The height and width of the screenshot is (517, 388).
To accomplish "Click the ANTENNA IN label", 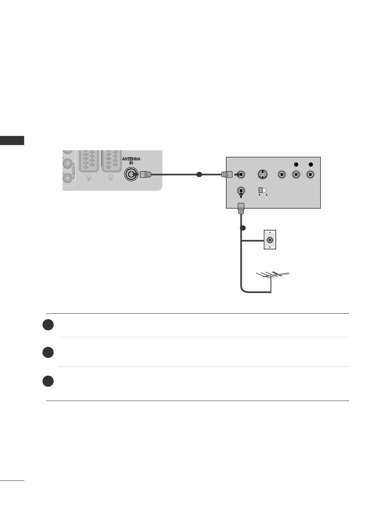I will coord(131,161).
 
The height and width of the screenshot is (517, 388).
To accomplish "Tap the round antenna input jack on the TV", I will coord(131,175).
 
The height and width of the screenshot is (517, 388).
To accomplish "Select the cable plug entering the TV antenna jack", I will coord(145,175).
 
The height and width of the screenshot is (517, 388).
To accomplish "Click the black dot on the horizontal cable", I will coord(199,175).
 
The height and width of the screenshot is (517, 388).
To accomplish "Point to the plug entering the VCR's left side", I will coord(226,175).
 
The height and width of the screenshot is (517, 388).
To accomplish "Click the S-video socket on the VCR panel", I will coord(262,175).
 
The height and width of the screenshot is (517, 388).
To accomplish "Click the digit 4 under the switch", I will coord(259,195).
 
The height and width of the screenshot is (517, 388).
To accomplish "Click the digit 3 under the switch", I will coord(266,195).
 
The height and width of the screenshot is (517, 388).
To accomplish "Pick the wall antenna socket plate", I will coord(270,240).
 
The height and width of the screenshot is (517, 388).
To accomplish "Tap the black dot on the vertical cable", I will coord(242,228).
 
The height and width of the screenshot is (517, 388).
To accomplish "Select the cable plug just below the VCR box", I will coord(241,208).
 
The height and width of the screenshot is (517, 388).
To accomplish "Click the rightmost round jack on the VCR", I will coord(311,175).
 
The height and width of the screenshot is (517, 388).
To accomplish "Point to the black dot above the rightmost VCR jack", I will coord(311,164).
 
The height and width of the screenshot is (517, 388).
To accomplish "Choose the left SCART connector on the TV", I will coord(88,161).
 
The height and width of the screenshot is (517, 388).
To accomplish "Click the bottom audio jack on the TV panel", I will coord(67,177).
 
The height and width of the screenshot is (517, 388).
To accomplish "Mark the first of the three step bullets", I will coord(48,325).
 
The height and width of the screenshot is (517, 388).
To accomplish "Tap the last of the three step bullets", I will coord(48,381).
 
